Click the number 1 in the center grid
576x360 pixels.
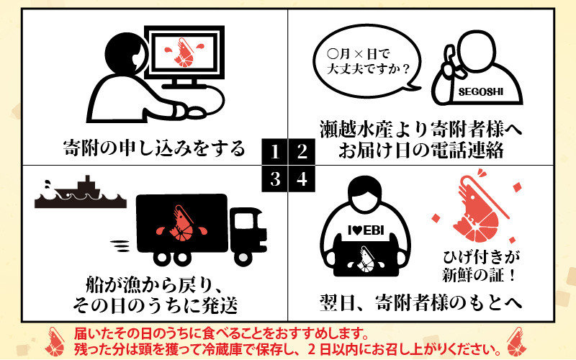coord(275,151)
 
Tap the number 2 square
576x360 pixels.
coord(302,151)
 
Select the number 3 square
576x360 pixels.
coord(275,179)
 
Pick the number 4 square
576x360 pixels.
coord(302,179)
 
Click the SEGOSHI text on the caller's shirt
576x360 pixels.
coord(480,92)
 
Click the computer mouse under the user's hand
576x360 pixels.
coord(194,112)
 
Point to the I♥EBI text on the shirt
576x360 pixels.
coord(366,230)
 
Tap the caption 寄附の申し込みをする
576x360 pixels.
coord(154,148)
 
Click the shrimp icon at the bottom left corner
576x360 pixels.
coord(55,341)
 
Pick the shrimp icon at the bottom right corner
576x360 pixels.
coord(516,341)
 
